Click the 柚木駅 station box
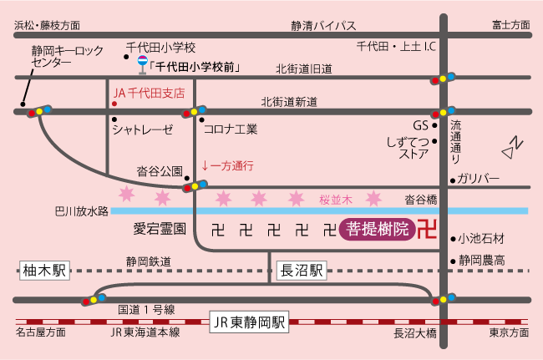tap(45, 271)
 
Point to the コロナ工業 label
tap(231, 129)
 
